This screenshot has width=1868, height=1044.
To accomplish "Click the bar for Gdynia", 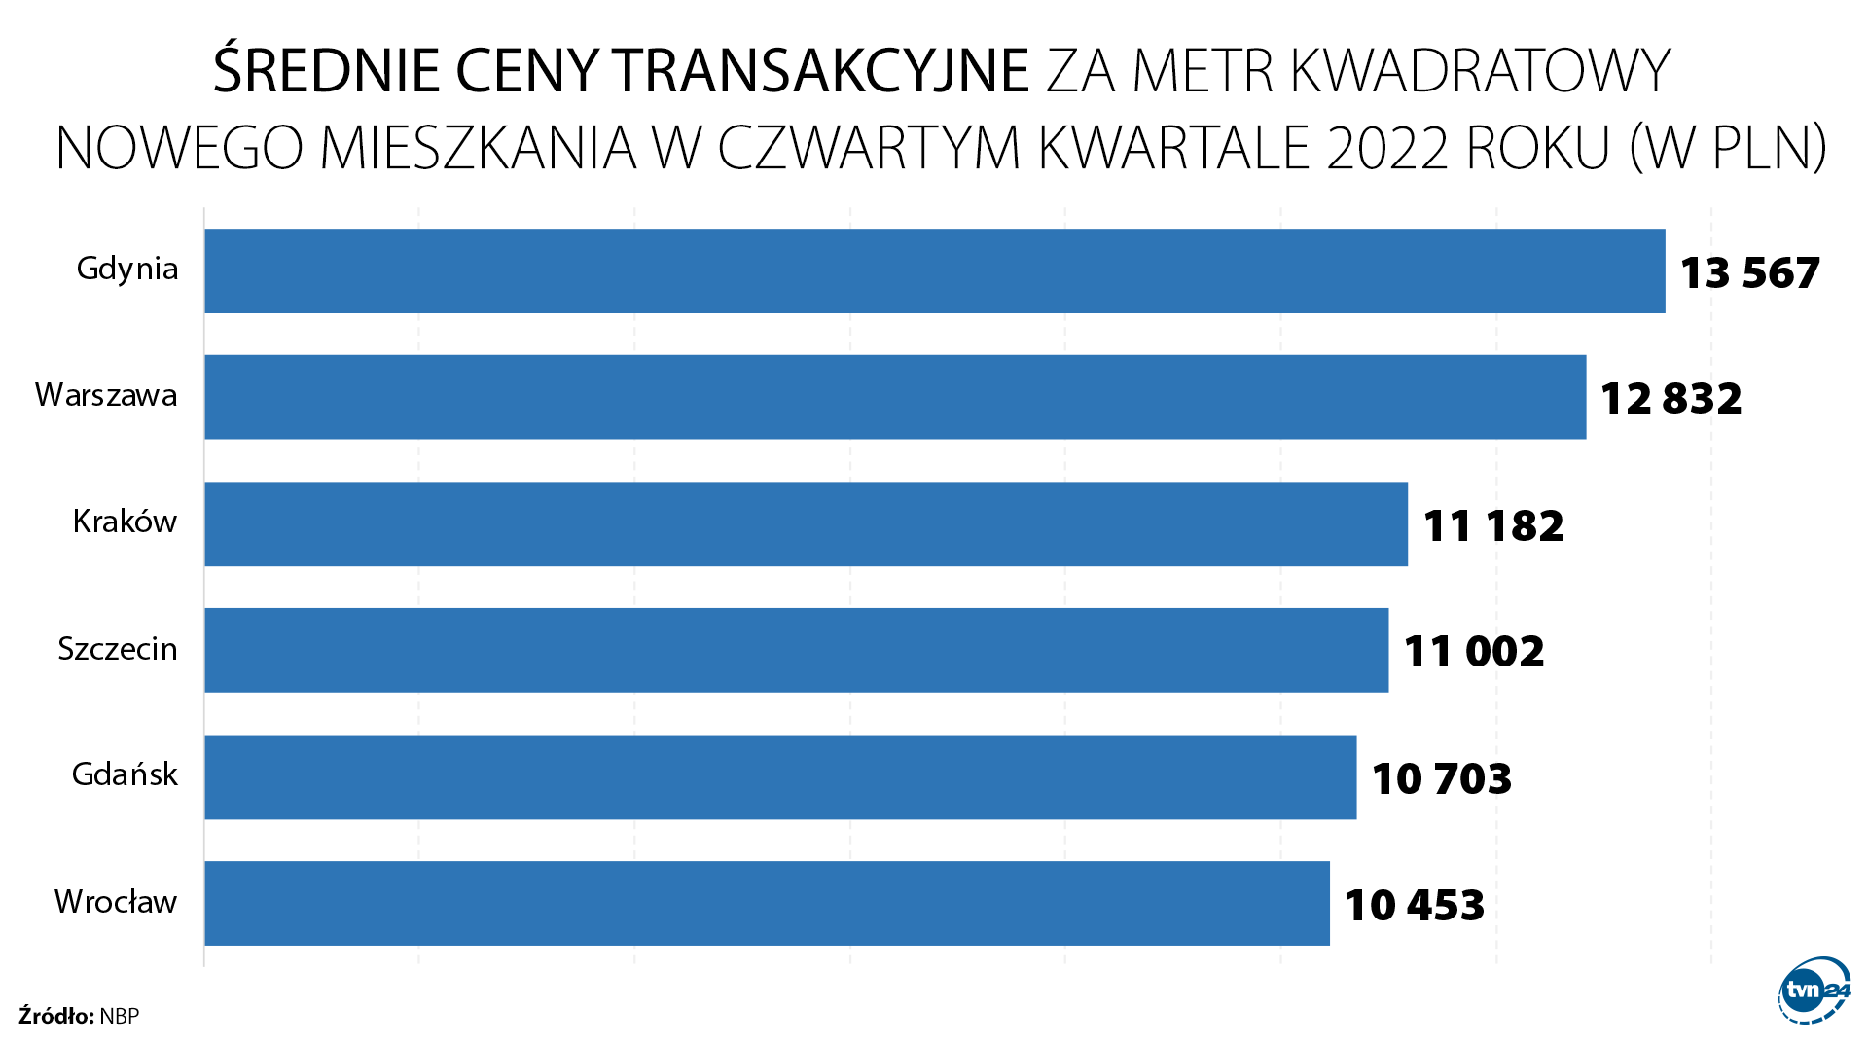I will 934,270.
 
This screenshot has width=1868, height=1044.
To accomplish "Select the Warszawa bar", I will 895,397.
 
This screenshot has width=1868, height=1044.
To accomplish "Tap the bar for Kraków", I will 806,523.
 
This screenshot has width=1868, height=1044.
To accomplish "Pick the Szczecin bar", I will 796,650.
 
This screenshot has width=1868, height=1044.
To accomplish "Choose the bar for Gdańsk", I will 780,776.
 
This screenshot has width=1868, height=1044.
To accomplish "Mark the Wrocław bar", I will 767,903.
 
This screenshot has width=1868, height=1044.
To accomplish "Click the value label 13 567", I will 1749,273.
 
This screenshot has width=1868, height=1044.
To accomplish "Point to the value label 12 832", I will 1670,399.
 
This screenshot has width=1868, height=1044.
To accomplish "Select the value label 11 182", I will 1492,526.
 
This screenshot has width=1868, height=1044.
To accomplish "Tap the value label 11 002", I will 1473,652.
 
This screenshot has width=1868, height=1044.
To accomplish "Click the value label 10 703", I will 1441,778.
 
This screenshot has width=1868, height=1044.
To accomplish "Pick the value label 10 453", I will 1414,905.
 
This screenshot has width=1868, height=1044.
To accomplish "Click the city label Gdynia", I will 127,269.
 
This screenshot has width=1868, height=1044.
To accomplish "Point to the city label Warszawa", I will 106,395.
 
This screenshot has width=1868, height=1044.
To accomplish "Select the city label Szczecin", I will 118,649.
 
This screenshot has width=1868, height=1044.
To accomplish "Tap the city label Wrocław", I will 116,902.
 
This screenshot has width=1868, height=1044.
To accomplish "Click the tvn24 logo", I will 1814,990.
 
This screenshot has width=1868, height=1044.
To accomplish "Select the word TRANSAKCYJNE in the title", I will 821,71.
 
